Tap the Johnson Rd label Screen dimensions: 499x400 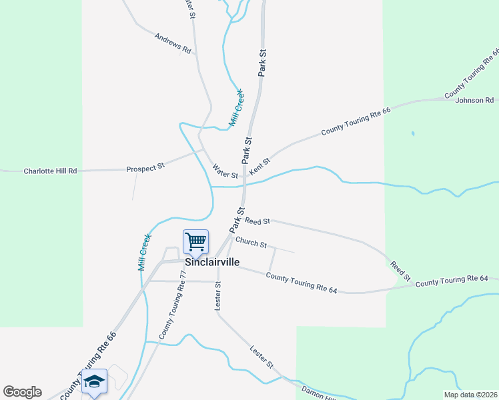click(474, 101)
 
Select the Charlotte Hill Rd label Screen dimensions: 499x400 click(50, 171)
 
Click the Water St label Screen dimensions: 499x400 click(225, 171)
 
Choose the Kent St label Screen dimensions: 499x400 click(260, 167)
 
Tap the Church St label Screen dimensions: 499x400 click(251, 244)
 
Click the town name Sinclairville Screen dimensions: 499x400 click(212, 262)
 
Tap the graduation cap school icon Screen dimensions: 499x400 click(94, 381)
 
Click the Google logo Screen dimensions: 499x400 click(22, 392)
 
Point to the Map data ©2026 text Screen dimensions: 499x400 click(470, 395)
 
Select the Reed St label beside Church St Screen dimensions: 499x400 click(257, 221)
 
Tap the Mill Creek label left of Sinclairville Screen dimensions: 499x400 click(144, 251)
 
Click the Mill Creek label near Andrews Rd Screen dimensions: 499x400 click(237, 109)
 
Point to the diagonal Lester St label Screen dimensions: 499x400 click(262, 357)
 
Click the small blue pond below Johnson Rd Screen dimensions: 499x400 click(413, 134)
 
